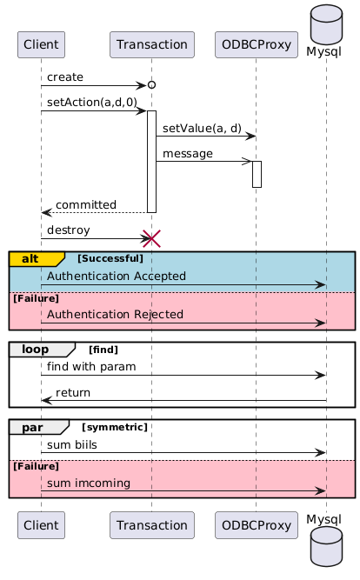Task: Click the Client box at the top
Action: click(x=41, y=44)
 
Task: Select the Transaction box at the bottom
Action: click(x=151, y=525)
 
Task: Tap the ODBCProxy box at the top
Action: click(x=256, y=44)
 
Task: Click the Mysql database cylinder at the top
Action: click(x=326, y=24)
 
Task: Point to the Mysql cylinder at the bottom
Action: click(x=326, y=546)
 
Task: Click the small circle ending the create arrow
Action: click(x=151, y=85)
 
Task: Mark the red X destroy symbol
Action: click(x=151, y=238)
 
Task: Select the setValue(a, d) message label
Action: click(x=202, y=128)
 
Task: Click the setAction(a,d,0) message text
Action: click(x=92, y=102)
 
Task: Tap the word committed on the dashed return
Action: click(x=86, y=204)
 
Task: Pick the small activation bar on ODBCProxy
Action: click(x=257, y=174)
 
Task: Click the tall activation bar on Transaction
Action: click(x=151, y=162)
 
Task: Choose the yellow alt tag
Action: click(x=37, y=259)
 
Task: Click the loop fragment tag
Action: click(x=42, y=350)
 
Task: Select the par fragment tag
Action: click(x=39, y=427)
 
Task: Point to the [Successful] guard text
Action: click(x=110, y=258)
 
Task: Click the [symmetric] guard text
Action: click(x=115, y=427)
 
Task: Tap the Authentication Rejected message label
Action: click(x=115, y=315)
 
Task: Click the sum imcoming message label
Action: click(x=89, y=483)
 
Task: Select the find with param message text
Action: click(x=91, y=367)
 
